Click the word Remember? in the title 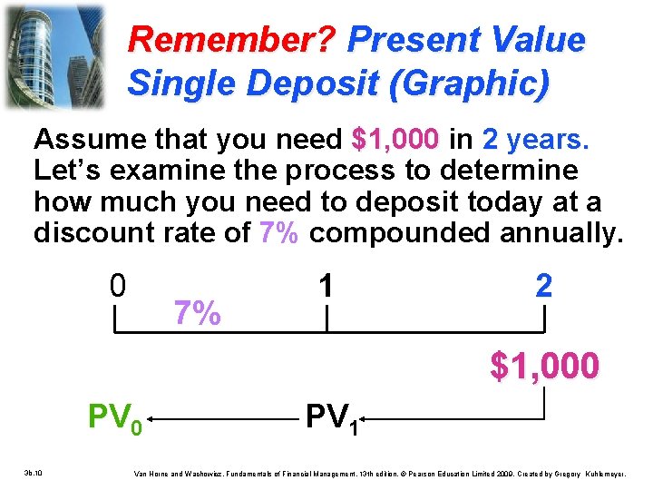[x=232, y=40]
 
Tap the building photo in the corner [x=54, y=54]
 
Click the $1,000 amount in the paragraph [x=395, y=140]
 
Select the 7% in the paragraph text [x=279, y=233]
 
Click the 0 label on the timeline [x=117, y=286]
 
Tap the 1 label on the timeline [x=326, y=286]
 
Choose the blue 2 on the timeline [x=542, y=286]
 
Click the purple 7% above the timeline [x=196, y=313]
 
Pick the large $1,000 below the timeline [x=544, y=366]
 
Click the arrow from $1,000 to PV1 [x=453, y=418]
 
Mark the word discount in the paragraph [x=93, y=233]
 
